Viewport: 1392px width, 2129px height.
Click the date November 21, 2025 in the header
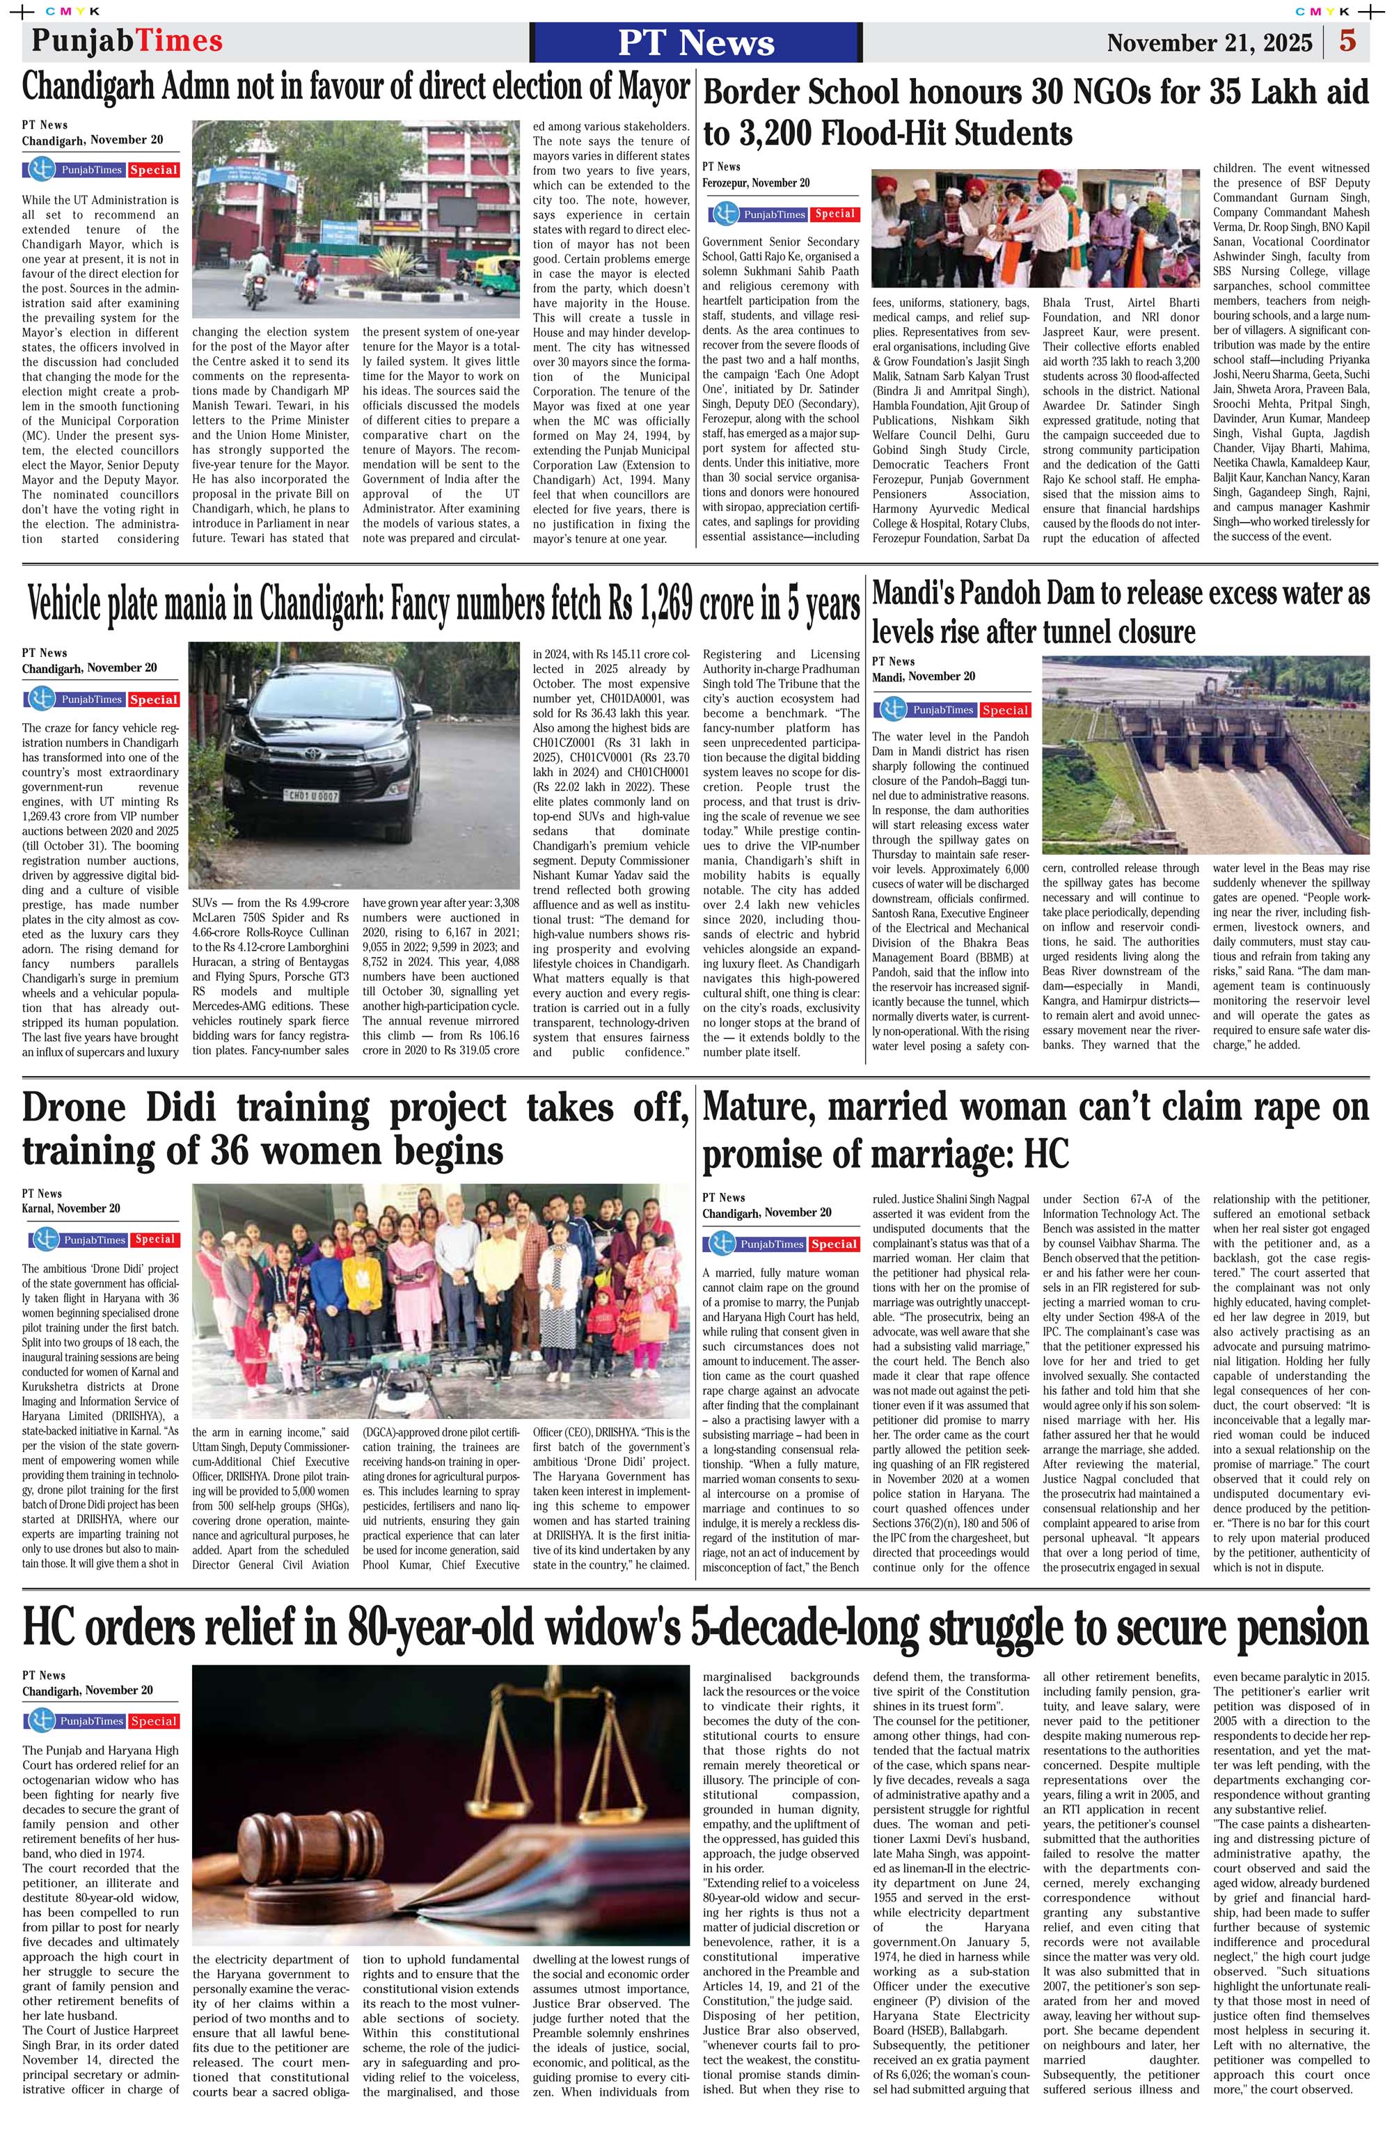[1210, 43]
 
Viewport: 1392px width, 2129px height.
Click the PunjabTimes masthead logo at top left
[126, 41]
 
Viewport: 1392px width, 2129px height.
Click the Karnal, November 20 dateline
[71, 1208]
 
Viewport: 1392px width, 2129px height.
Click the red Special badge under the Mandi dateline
[1004, 711]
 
